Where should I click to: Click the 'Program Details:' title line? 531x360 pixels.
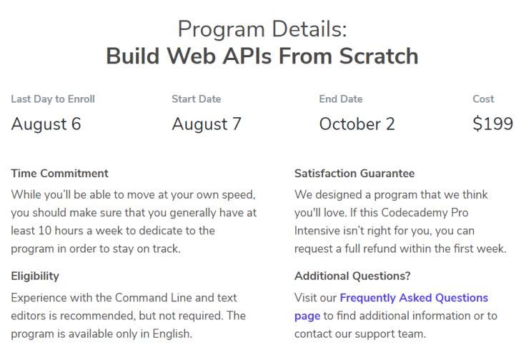pos(262,29)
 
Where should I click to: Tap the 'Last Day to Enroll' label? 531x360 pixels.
pos(53,99)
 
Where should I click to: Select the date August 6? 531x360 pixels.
pos(46,124)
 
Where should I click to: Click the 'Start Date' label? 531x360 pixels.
pos(196,99)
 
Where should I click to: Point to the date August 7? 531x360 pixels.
pos(207,124)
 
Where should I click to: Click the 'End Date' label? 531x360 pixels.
pos(341,99)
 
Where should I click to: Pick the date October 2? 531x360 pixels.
pos(357,124)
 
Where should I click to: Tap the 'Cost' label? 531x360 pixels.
pos(483,99)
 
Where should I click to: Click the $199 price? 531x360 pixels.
pos(492,124)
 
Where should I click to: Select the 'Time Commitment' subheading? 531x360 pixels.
pos(60,174)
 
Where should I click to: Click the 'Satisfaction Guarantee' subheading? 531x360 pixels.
pos(354,174)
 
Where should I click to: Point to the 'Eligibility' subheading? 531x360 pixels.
pos(35,276)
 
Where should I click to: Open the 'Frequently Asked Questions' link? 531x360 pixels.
pos(414,297)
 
